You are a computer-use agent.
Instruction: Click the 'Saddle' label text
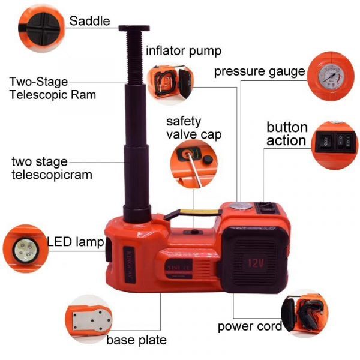tap(89, 21)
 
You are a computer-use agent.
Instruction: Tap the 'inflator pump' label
tap(184, 50)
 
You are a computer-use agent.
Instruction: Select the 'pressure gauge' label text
tap(260, 72)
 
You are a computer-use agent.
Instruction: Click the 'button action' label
tap(287, 134)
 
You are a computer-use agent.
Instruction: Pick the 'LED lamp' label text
tap(75, 242)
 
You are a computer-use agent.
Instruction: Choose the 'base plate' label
tap(136, 340)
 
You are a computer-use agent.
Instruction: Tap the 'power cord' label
tap(250, 327)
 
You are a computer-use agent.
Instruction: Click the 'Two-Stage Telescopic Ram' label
tap(53, 88)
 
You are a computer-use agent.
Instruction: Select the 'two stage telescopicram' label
tap(52, 169)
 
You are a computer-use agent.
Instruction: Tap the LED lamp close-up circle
tap(25, 247)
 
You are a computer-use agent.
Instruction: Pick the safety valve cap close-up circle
tap(193, 161)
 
